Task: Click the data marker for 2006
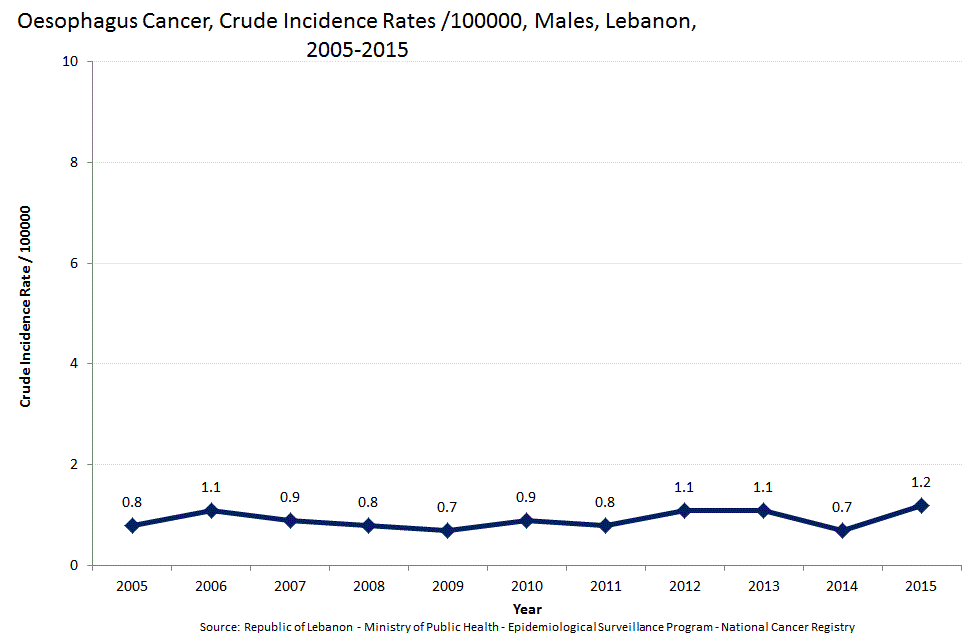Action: point(211,510)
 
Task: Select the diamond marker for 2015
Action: point(921,505)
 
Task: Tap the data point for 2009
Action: point(448,530)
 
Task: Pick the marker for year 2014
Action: point(842,530)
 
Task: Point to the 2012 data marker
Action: point(684,510)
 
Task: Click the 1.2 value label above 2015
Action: point(921,482)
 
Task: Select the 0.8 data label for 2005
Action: point(132,502)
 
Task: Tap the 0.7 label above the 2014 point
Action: point(842,507)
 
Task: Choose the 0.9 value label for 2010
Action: point(527,497)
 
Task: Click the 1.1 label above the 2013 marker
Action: point(763,487)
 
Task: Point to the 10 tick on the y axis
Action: point(70,62)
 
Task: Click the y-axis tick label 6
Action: point(74,263)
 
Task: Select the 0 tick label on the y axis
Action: point(74,566)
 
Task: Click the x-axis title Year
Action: point(526,608)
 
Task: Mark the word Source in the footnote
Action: point(219,627)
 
